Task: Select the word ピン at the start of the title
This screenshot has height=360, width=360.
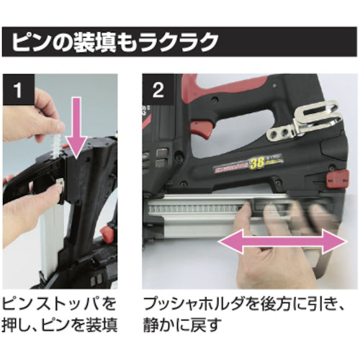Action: (30, 42)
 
